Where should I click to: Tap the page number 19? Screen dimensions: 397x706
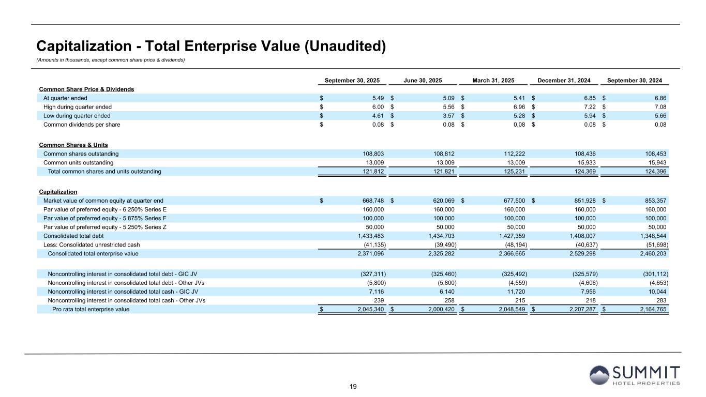pos(353,387)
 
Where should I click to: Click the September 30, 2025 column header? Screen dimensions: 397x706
pos(352,81)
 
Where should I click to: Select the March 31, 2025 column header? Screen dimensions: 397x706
pos(493,81)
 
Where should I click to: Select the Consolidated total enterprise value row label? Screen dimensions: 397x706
pos(93,253)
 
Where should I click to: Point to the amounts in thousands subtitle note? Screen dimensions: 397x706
pos(110,60)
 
